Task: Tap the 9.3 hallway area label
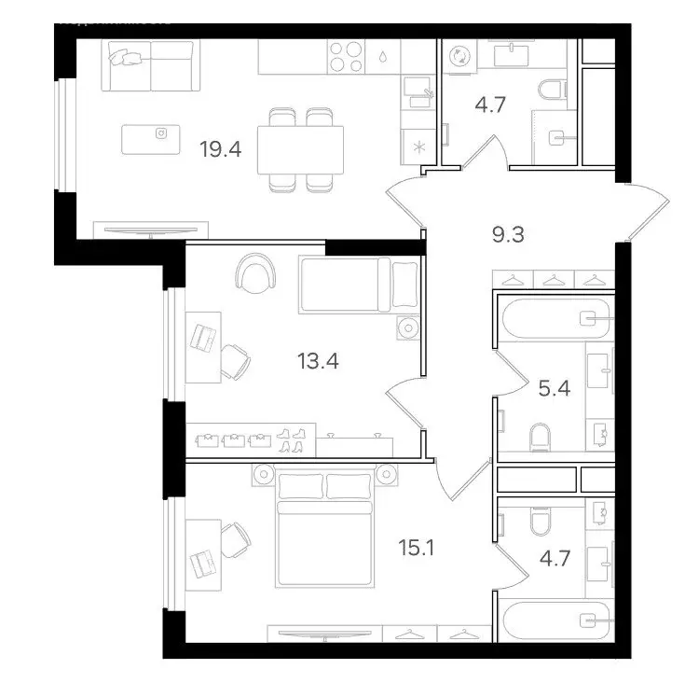click(x=508, y=233)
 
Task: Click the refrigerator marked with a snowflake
click(x=418, y=146)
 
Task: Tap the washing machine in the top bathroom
click(x=460, y=57)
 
